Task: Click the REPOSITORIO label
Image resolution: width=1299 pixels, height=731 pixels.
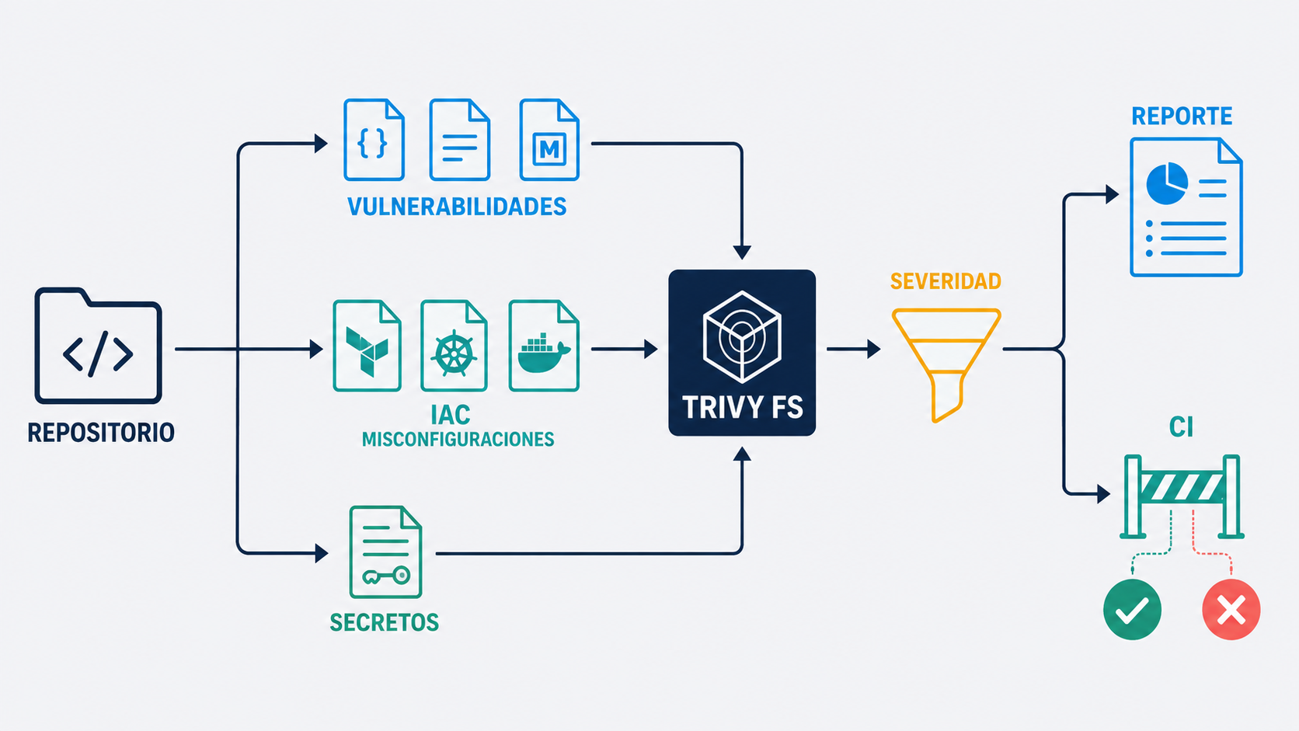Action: tap(101, 433)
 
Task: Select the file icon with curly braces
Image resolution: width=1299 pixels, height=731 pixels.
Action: tap(374, 140)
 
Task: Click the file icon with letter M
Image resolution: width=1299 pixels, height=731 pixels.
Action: tap(549, 140)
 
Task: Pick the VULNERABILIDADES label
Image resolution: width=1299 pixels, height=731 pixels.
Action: tap(457, 207)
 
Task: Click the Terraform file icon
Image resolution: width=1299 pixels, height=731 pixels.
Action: tap(367, 346)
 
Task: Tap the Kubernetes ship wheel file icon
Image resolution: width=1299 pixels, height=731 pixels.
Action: tap(454, 346)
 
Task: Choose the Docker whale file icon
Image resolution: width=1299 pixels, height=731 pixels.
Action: tap(544, 346)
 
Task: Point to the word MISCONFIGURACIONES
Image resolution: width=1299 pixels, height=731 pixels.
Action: tap(458, 440)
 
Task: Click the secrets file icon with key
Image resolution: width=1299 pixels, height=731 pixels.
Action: tap(385, 552)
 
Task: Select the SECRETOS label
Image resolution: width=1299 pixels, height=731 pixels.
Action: tap(384, 622)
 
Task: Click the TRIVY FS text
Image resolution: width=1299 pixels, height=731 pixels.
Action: tap(742, 408)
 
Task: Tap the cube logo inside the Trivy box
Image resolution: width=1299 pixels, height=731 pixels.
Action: tap(742, 337)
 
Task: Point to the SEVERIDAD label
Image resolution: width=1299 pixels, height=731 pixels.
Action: tap(946, 281)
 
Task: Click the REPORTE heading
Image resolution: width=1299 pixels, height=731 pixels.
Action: tap(1182, 116)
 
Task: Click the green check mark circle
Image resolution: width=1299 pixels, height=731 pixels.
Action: tap(1132, 609)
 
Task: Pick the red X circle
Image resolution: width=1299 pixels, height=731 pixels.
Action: tap(1231, 609)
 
